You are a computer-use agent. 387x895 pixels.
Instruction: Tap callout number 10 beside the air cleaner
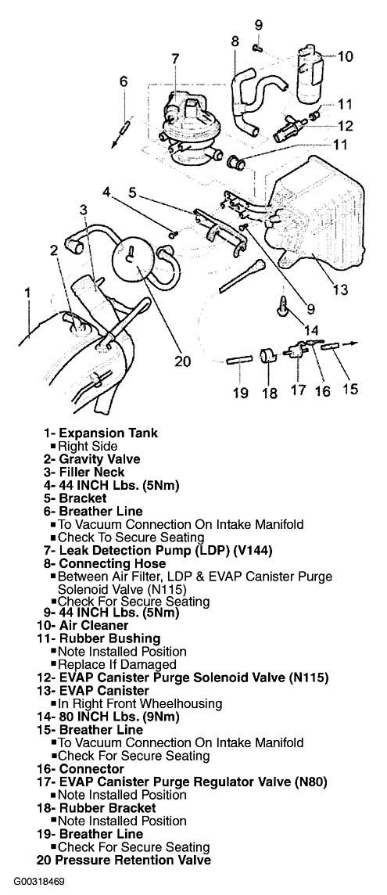[x=346, y=56]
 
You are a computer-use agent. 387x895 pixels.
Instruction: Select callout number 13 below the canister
[x=340, y=289]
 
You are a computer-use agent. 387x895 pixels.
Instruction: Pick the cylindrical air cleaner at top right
[x=310, y=74]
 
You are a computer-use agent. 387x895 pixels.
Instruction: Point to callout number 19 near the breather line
[x=240, y=394]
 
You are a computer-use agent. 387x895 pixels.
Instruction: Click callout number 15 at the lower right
[x=350, y=389]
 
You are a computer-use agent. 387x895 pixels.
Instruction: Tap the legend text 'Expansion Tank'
[x=109, y=433]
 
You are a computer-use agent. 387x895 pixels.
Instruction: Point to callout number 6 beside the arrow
[x=124, y=81]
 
